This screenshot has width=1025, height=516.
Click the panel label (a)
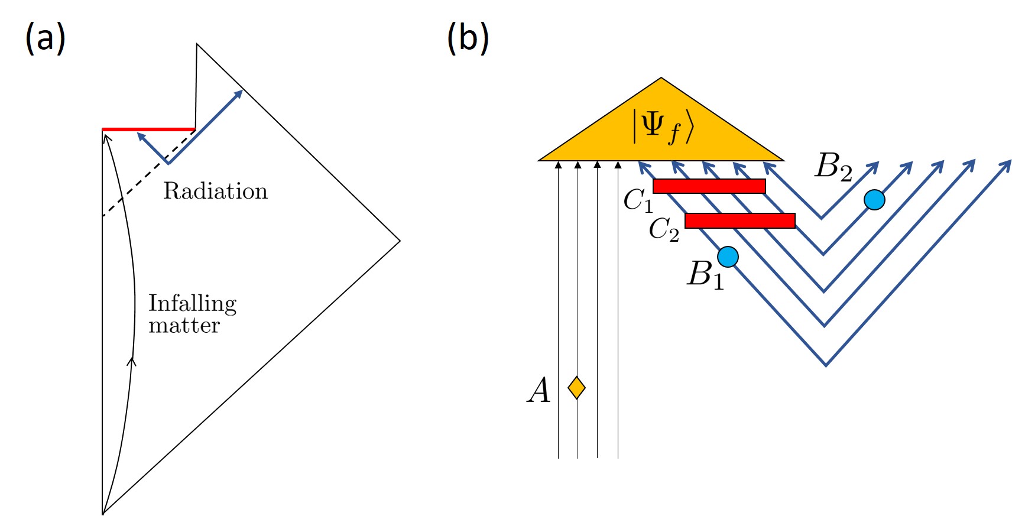pyautogui.click(x=45, y=39)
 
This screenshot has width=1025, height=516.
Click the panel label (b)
pyautogui.click(x=468, y=39)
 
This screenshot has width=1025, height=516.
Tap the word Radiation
pyautogui.click(x=215, y=192)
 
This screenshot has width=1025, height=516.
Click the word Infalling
pyautogui.click(x=192, y=304)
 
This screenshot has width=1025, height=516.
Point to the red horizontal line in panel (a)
pyautogui.click(x=148, y=129)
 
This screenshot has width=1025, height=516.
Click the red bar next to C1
pyautogui.click(x=709, y=186)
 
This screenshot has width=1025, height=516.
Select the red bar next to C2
pyautogui.click(x=739, y=220)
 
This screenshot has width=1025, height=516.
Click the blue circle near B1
pyautogui.click(x=728, y=257)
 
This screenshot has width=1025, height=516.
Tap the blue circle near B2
pyautogui.click(x=874, y=200)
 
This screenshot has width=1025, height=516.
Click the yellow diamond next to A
pyautogui.click(x=576, y=388)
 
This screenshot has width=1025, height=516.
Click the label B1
pyautogui.click(x=705, y=275)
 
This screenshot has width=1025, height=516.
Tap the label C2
pyautogui.click(x=663, y=230)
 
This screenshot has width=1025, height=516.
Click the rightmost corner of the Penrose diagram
pyautogui.click(x=400, y=241)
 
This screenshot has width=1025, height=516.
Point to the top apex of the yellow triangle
pyautogui.click(x=661, y=79)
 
